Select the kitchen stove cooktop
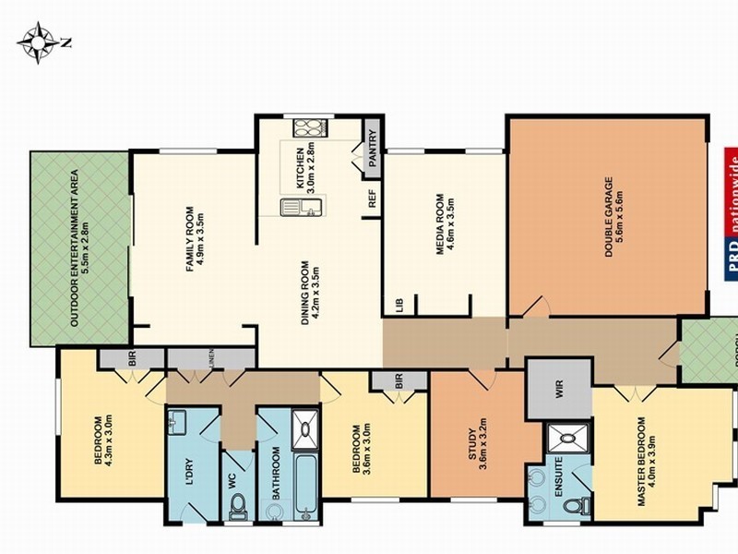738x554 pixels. tap(307, 129)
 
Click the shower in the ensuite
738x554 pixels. tap(558, 438)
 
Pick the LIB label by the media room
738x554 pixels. tap(399, 305)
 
